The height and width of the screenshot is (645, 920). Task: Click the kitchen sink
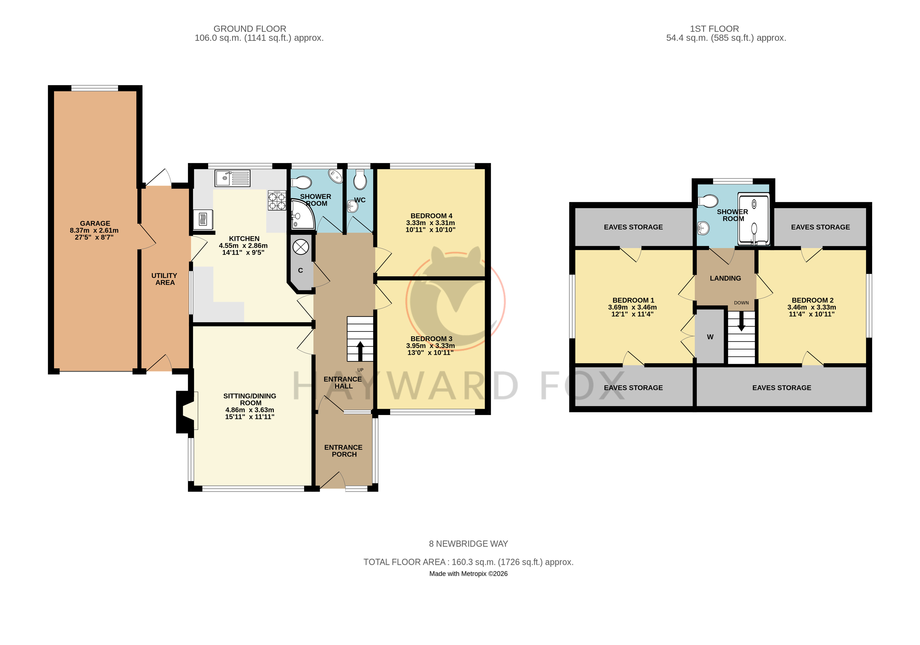pyautogui.click(x=232, y=178)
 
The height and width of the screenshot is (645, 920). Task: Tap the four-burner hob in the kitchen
pyautogui.click(x=277, y=200)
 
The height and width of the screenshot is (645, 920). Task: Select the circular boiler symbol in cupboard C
pyautogui.click(x=301, y=247)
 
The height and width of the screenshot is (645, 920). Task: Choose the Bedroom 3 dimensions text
pyautogui.click(x=430, y=349)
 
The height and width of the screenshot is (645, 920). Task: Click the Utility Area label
pyautogui.click(x=165, y=279)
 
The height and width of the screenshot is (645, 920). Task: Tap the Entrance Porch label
pyautogui.click(x=343, y=451)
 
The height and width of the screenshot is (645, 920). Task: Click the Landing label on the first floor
pyautogui.click(x=725, y=278)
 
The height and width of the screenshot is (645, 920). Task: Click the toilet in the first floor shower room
pyautogui.click(x=708, y=201)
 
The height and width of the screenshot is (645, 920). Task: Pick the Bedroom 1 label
pyautogui.click(x=633, y=300)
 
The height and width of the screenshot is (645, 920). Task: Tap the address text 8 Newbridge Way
pyautogui.click(x=468, y=544)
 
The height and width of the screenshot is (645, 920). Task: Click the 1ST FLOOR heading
pyautogui.click(x=714, y=29)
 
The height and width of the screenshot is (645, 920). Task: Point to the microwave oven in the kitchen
pyautogui.click(x=203, y=219)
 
